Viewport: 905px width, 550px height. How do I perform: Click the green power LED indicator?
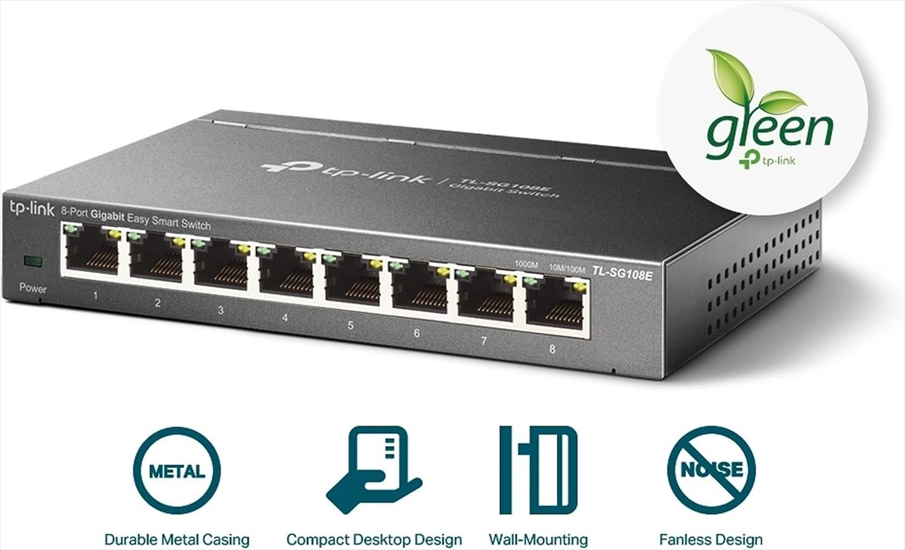click(x=33, y=262)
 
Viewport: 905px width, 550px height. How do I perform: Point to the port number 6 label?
click(x=416, y=333)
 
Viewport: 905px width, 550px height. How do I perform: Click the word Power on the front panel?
click(x=33, y=288)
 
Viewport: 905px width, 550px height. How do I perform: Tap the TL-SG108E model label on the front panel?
click(x=622, y=274)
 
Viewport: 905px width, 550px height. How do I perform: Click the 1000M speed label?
click(x=526, y=265)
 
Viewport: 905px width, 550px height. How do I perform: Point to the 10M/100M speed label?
click(x=567, y=269)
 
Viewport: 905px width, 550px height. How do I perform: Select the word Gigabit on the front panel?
click(x=107, y=215)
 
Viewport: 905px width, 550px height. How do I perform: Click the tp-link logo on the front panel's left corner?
click(x=32, y=208)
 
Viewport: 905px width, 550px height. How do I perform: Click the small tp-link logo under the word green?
click(x=767, y=160)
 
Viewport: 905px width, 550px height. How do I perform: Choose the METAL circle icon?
click(x=177, y=471)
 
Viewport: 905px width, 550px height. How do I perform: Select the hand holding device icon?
click(x=373, y=469)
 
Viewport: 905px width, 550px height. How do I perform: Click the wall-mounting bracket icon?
click(x=538, y=469)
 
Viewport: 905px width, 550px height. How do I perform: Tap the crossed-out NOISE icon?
click(x=711, y=470)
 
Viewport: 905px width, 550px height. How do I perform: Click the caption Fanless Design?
click(x=711, y=539)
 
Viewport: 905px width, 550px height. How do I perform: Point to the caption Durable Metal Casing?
click(x=177, y=539)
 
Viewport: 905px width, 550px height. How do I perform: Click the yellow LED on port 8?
click(x=579, y=288)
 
